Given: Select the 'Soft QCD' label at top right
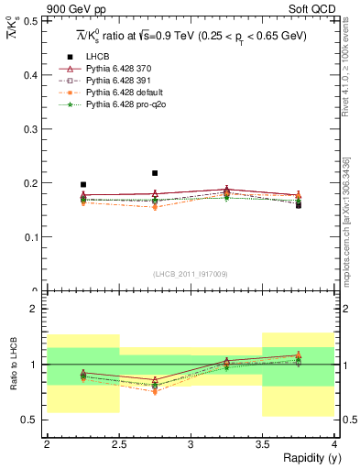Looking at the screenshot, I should [x=311, y=9].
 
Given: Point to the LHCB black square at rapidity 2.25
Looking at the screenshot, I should [x=82, y=185].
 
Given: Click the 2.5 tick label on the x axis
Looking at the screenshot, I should [x=118, y=444].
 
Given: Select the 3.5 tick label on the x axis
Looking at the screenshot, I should [x=262, y=444].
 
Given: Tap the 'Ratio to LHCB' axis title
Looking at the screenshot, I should [x=12, y=365].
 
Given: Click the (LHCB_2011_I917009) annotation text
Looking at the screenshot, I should [x=190, y=273].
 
